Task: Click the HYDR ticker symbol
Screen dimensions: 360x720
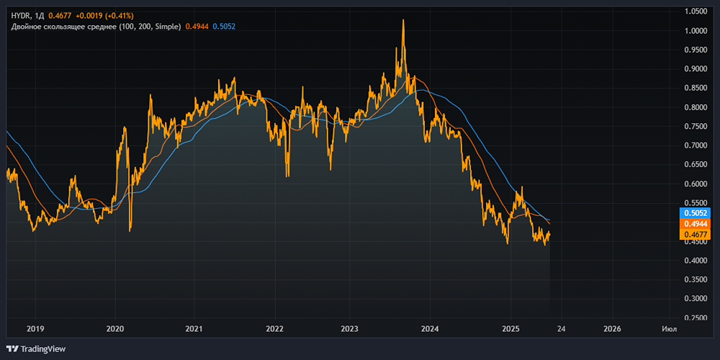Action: point(20,15)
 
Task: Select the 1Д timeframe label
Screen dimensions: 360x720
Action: point(40,15)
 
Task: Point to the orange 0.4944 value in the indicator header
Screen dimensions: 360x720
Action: point(197,27)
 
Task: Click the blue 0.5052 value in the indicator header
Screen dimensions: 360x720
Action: point(224,27)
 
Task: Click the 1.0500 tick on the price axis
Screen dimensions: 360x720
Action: point(696,12)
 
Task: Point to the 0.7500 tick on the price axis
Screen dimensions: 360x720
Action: point(696,127)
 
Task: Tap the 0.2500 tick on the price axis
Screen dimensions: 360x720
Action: point(696,318)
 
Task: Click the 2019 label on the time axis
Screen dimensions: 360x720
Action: point(35,329)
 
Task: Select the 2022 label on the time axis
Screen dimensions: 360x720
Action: point(274,329)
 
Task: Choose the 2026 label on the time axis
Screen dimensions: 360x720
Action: point(612,329)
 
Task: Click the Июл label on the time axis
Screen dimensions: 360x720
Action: point(669,329)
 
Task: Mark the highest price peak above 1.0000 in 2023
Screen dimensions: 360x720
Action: point(402,20)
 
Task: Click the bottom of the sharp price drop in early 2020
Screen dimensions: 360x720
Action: point(130,230)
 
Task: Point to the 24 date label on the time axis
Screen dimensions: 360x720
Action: point(561,329)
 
